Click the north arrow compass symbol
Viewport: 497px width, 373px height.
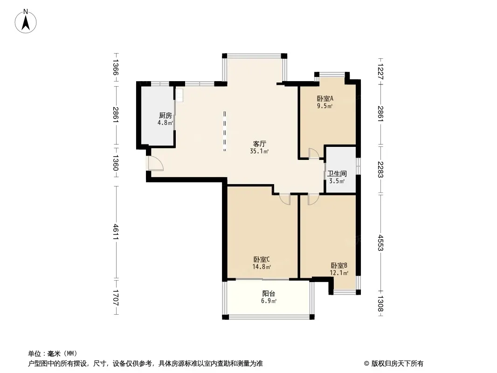click(26, 21)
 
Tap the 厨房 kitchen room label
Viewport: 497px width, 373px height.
click(166, 115)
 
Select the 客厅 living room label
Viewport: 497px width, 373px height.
click(259, 144)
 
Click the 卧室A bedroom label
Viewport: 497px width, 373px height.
click(325, 98)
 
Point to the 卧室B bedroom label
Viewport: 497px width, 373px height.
click(339, 265)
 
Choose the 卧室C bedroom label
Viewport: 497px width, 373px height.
click(262, 259)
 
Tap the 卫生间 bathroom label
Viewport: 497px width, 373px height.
click(337, 173)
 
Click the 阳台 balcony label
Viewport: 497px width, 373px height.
click(269, 293)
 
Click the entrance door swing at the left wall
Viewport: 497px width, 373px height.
click(156, 163)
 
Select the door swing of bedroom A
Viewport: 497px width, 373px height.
click(314, 153)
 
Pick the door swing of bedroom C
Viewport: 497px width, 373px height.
click(285, 199)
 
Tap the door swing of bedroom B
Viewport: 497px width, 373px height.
click(313, 199)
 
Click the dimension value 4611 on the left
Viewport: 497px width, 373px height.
click(116, 232)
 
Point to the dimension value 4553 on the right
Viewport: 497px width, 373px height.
click(380, 243)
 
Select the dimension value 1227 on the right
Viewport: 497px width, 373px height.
click(380, 72)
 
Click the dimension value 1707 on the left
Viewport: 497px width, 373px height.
click(116, 297)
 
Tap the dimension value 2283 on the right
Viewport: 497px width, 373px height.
click(380, 170)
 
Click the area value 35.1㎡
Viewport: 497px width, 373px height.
click(259, 151)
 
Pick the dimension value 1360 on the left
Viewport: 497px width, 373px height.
click(116, 163)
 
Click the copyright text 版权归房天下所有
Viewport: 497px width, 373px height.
click(397, 364)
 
